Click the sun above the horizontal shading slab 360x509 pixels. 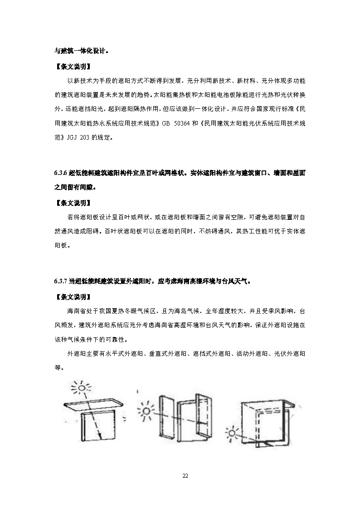click(x=82, y=388)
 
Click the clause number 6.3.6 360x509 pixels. click(x=61, y=173)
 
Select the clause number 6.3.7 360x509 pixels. click(x=61, y=281)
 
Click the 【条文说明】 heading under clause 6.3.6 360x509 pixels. click(x=73, y=203)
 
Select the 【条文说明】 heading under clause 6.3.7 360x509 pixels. click(x=73, y=297)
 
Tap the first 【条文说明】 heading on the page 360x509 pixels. click(x=73, y=67)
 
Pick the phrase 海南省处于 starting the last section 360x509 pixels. click(x=83, y=311)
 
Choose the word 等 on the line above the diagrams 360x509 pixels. click(x=58, y=368)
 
